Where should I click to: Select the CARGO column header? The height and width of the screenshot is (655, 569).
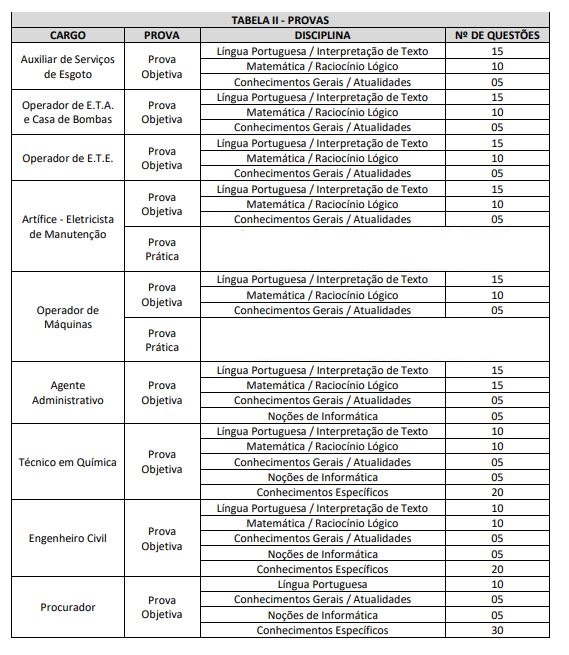(x=67, y=35)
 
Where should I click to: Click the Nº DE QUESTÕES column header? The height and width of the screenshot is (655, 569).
(x=497, y=35)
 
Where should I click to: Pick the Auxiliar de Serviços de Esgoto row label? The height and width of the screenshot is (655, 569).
(x=67, y=66)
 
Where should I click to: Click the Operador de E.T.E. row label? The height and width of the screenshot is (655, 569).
(x=67, y=158)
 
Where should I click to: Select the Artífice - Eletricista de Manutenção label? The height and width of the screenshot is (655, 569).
(x=67, y=226)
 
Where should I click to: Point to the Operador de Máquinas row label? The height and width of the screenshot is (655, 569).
(x=67, y=317)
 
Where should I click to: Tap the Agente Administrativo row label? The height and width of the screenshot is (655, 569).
(x=67, y=392)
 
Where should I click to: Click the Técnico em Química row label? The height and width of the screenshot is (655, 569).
(x=67, y=462)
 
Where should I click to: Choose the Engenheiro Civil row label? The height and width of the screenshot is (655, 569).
(x=67, y=538)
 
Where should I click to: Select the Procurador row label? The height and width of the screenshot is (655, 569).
(x=67, y=607)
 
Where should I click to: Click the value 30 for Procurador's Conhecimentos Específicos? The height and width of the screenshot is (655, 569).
(x=497, y=630)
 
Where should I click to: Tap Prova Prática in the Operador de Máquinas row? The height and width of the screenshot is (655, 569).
(x=161, y=340)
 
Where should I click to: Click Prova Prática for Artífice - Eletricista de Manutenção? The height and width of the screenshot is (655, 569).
(x=161, y=249)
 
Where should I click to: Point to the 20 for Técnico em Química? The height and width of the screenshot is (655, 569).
(x=497, y=492)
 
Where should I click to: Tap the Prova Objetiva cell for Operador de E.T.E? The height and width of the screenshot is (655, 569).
(x=161, y=158)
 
